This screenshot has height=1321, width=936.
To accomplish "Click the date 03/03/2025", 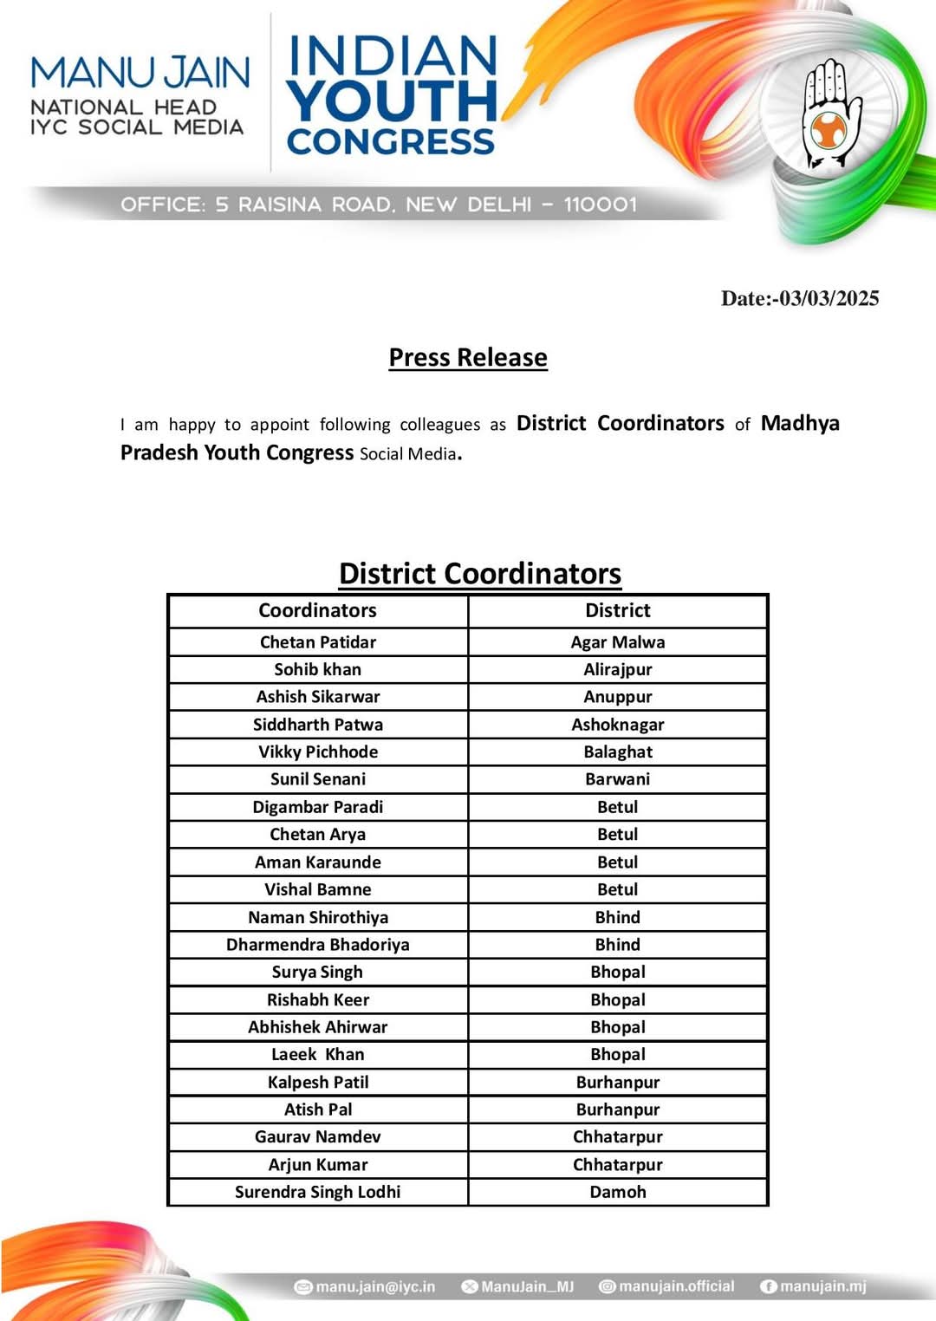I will [829, 298].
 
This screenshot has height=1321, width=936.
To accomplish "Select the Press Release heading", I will [468, 357].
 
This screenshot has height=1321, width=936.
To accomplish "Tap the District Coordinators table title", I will [480, 574].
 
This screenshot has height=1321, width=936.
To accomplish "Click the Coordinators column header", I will [317, 610].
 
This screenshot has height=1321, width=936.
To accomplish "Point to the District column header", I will [617, 610].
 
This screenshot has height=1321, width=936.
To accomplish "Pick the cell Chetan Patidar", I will [317, 642].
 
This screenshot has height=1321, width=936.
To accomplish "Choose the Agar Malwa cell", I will [617, 642].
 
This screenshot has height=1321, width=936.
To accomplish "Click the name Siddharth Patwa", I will [317, 725].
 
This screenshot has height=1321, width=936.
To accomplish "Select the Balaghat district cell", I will [617, 752].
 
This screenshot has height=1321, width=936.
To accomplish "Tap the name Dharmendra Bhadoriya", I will [317, 945].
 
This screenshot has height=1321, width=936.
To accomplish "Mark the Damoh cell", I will [617, 1192].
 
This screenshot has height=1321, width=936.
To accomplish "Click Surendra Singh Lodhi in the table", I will [317, 1192].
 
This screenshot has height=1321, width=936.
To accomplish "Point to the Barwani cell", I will [617, 779].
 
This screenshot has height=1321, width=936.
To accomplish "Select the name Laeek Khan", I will [317, 1055].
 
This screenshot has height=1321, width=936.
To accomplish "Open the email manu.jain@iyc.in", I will [374, 1286].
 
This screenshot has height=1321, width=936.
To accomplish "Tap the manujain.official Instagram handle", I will [676, 1286].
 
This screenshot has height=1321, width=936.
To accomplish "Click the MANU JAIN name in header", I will [140, 73].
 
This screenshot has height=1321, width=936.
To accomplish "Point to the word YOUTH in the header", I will [392, 101].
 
